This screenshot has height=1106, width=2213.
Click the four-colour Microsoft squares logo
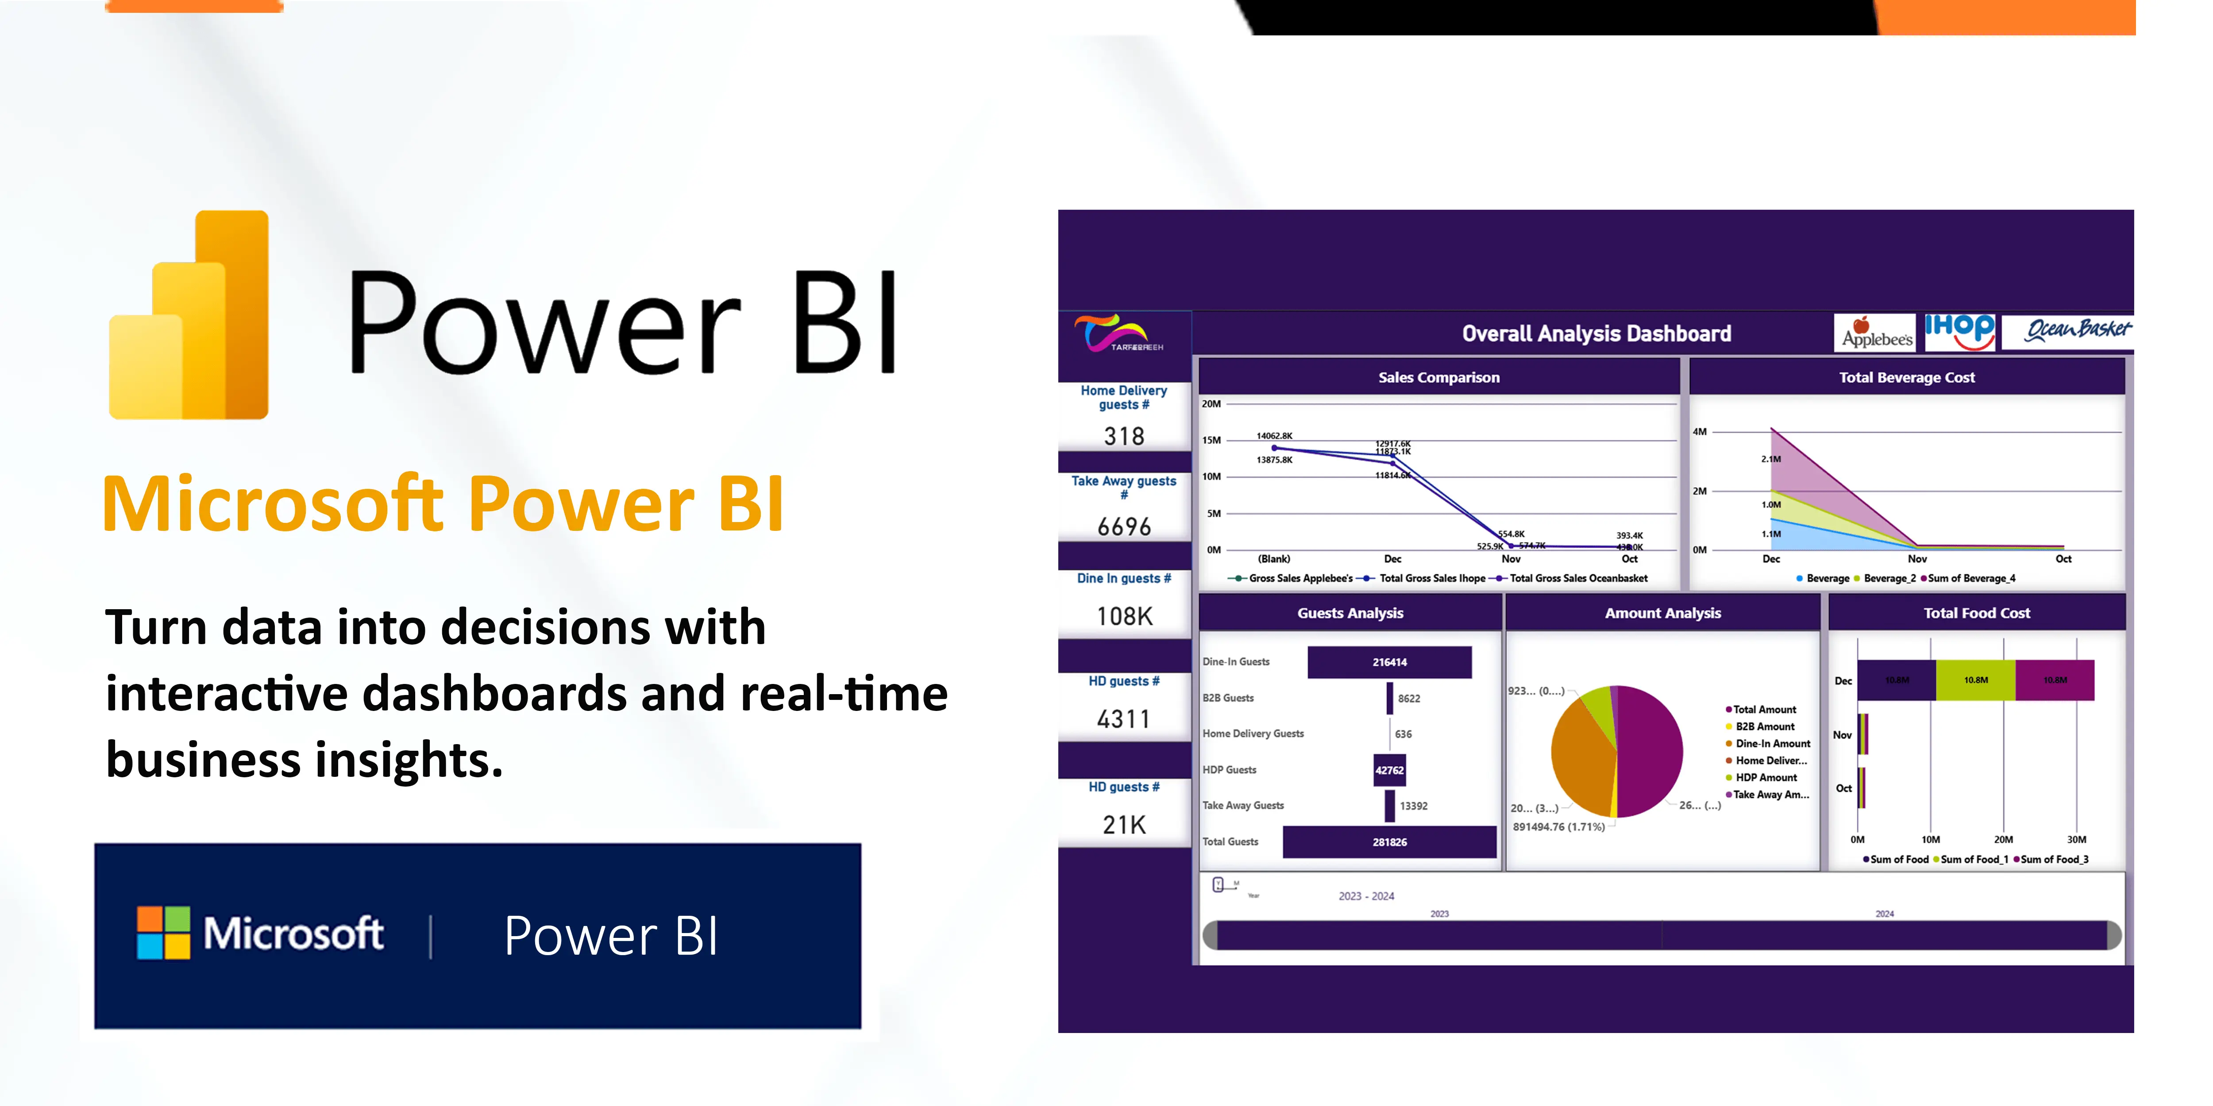click(x=163, y=933)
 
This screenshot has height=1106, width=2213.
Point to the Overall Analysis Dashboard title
click(x=1596, y=334)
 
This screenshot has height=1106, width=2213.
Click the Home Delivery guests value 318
click(x=1124, y=436)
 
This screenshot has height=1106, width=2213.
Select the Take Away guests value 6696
click(x=1124, y=526)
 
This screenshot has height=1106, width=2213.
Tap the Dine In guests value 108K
click(x=1124, y=616)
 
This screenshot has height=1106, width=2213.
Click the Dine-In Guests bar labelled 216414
click(x=1389, y=662)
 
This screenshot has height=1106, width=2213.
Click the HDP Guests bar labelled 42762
click(x=1389, y=770)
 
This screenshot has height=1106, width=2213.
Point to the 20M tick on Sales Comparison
click(x=1211, y=403)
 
